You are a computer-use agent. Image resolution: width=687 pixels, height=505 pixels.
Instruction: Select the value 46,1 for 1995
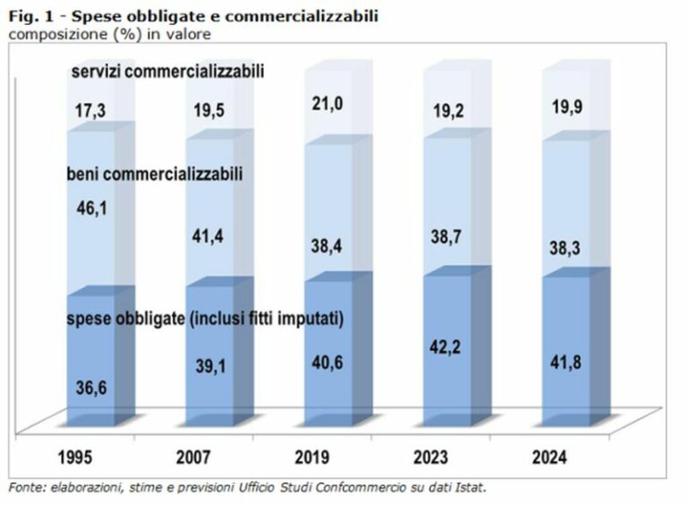[x=89, y=209]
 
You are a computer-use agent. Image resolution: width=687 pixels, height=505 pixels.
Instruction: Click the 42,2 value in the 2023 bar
[x=445, y=347]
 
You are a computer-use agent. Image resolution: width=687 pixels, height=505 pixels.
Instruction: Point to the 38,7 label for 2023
[x=445, y=244]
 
